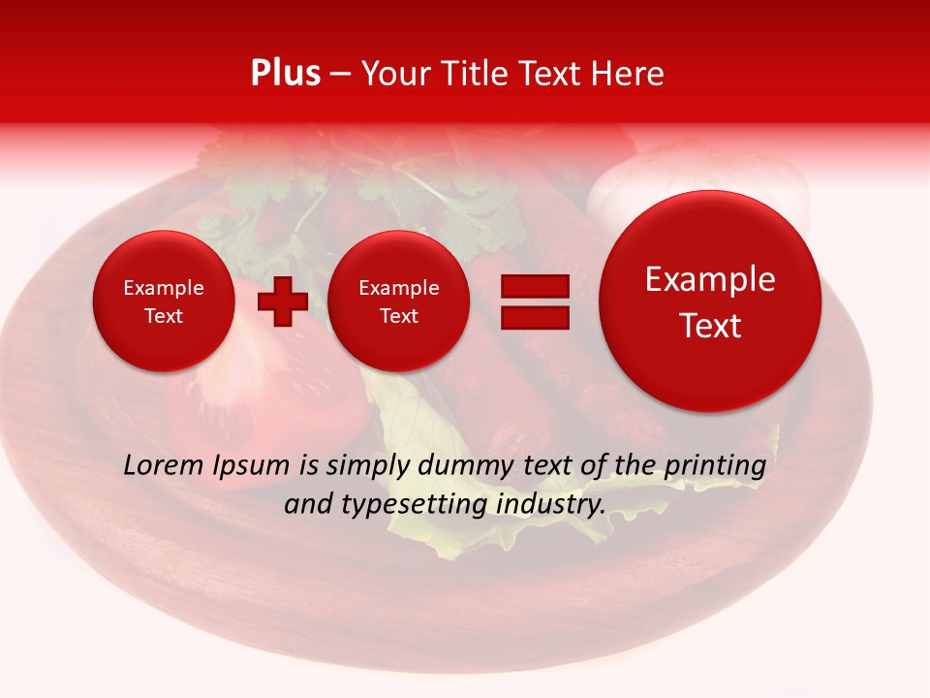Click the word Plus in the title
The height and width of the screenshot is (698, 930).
pos(285,74)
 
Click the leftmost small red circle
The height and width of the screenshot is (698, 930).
pos(163,301)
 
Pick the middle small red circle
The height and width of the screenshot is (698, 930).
pos(398,301)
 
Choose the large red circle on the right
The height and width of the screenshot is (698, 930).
pos(710,301)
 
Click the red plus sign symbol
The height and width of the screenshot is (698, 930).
pos(283,301)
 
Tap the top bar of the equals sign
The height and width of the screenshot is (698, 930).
pos(535,286)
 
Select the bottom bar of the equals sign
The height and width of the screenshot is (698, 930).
pos(535,317)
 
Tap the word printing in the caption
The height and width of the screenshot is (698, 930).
pos(715,466)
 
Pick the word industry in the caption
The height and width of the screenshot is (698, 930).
pos(550,505)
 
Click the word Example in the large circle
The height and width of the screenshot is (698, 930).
pos(710,279)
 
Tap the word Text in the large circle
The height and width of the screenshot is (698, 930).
pos(710,326)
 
